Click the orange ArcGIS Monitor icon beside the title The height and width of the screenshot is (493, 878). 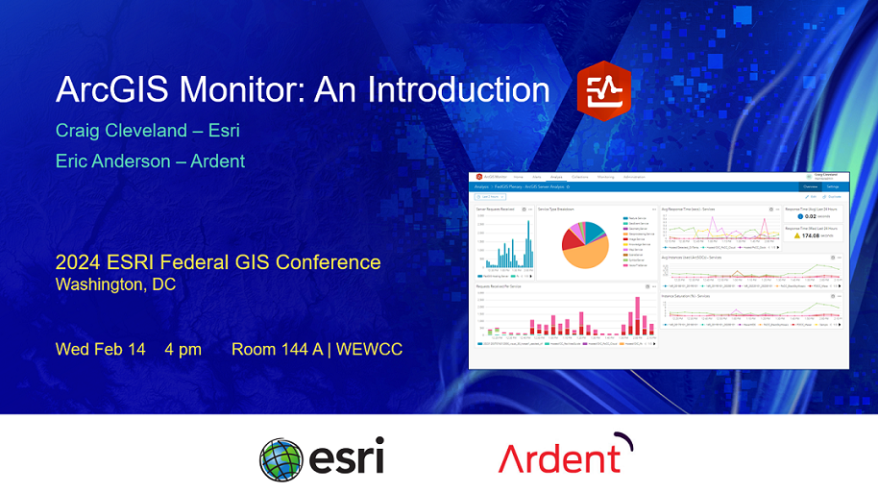[603, 90]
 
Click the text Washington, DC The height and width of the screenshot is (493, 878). [115, 284]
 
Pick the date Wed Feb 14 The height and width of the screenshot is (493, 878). [100, 349]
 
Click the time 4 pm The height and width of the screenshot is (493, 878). [183, 349]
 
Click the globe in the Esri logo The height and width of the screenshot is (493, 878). [281, 458]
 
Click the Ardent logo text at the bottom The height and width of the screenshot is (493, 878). [559, 457]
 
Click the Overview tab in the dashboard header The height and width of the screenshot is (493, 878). [810, 186]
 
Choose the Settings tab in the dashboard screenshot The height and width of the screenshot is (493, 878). [833, 186]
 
